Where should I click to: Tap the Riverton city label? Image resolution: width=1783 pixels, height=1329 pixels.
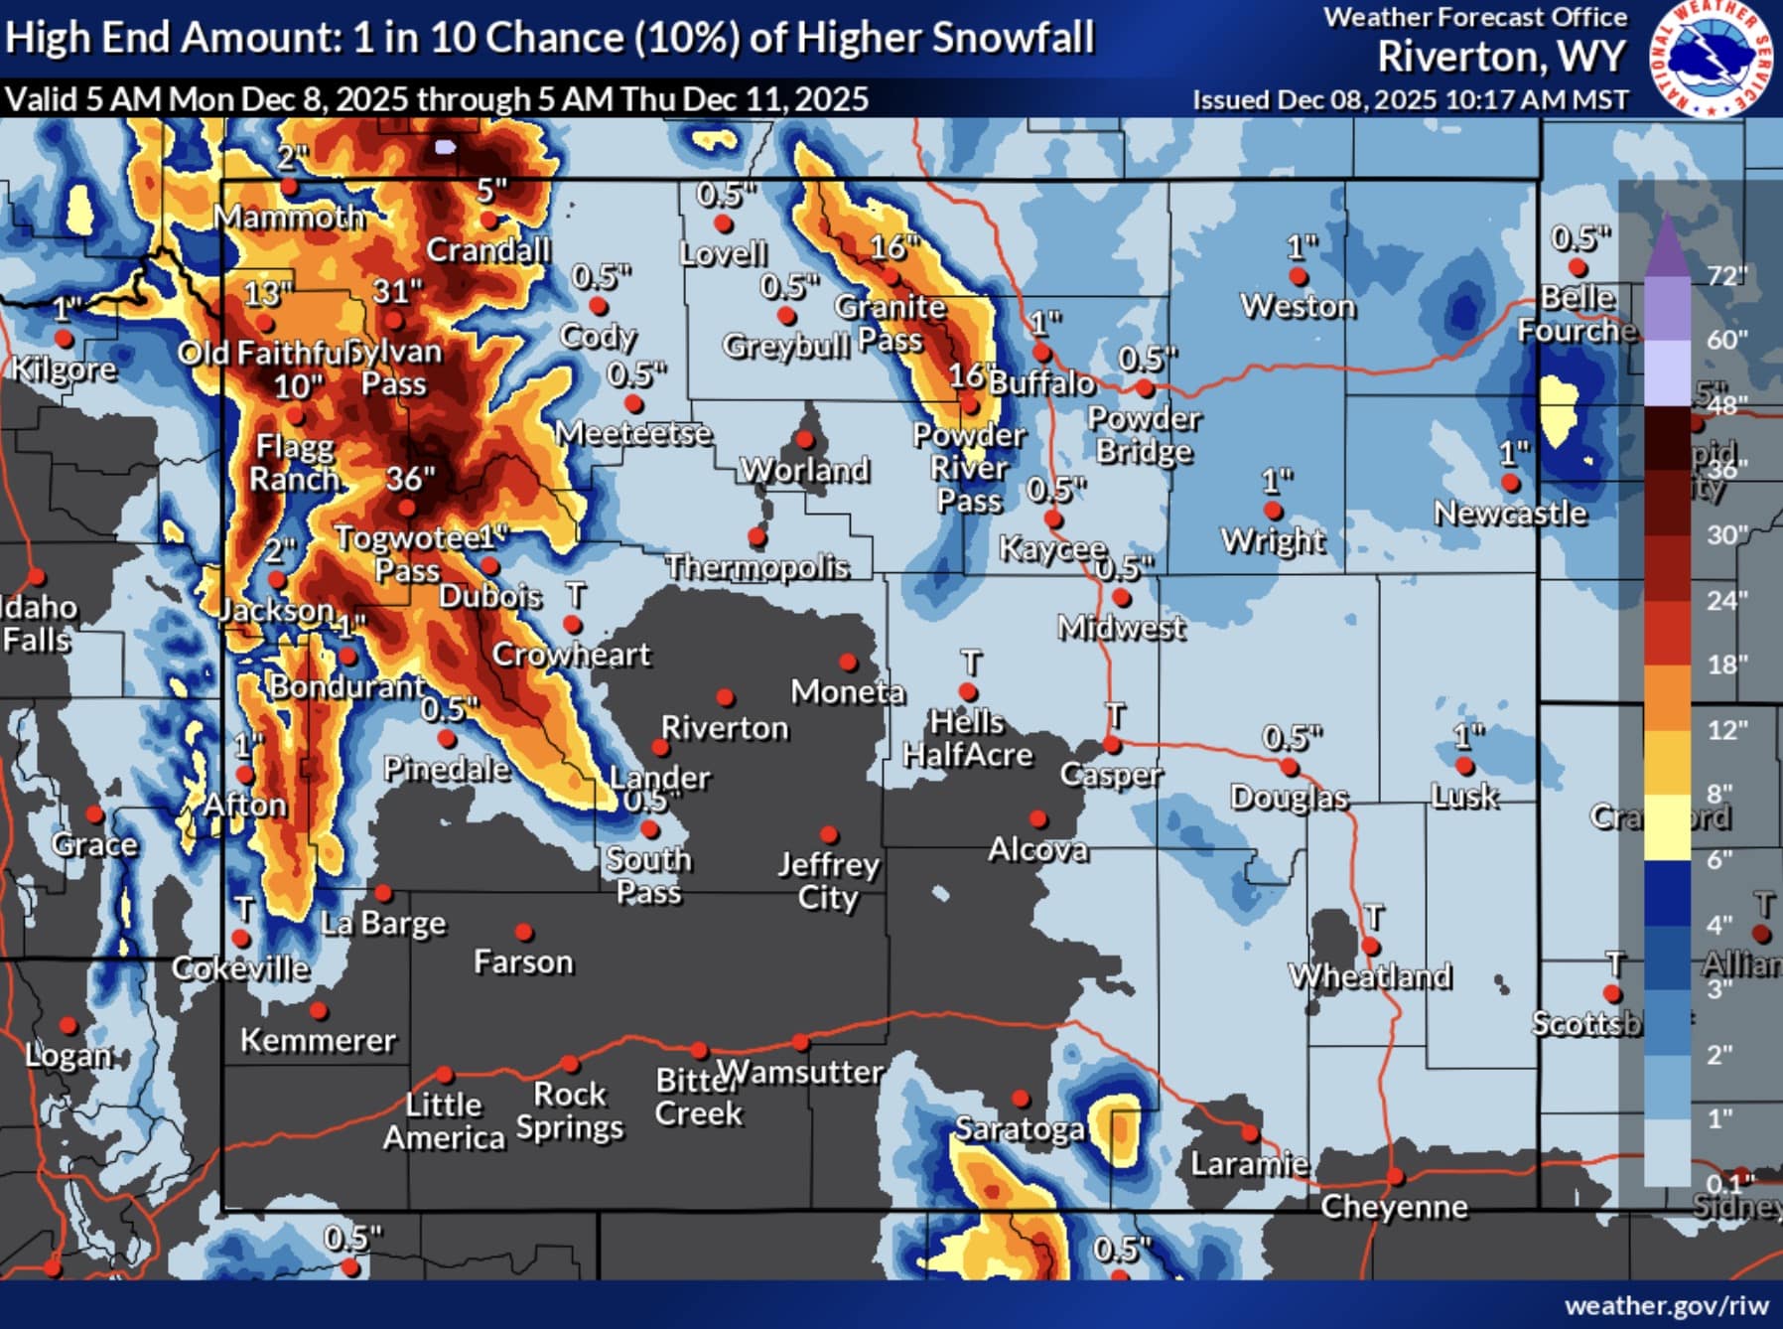pos(725,728)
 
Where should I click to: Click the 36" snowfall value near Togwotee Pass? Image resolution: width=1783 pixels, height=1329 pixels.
pos(410,479)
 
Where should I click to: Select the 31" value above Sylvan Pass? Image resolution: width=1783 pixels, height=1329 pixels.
pos(397,291)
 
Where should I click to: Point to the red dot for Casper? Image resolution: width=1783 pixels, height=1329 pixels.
pos(1112,745)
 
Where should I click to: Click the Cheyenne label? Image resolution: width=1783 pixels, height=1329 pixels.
pos(1394,1207)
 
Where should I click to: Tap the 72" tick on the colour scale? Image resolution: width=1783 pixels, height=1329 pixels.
pos(1726,275)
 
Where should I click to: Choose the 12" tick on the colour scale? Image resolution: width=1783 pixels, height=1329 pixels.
pos(1726,730)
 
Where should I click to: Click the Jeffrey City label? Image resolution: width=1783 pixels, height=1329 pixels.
pos(828,881)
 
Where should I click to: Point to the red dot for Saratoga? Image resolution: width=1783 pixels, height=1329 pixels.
pos(1021,1099)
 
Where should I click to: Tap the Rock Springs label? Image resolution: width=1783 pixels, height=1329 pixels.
pos(570,1110)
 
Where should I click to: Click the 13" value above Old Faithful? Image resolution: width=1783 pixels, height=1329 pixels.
pos(267,294)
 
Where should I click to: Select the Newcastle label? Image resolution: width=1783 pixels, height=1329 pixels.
pos(1510,514)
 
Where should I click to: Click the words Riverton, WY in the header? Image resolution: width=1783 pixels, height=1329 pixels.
pos(1501,57)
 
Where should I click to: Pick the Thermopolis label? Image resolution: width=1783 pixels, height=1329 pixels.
pos(757,567)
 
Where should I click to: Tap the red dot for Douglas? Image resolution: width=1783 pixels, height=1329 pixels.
pos(1290,767)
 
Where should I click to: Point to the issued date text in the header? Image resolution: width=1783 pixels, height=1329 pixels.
pos(1410,100)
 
